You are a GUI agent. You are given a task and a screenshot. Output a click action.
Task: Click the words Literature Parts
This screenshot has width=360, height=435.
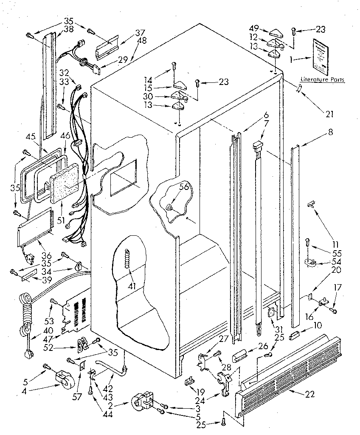(x=322, y=79)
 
